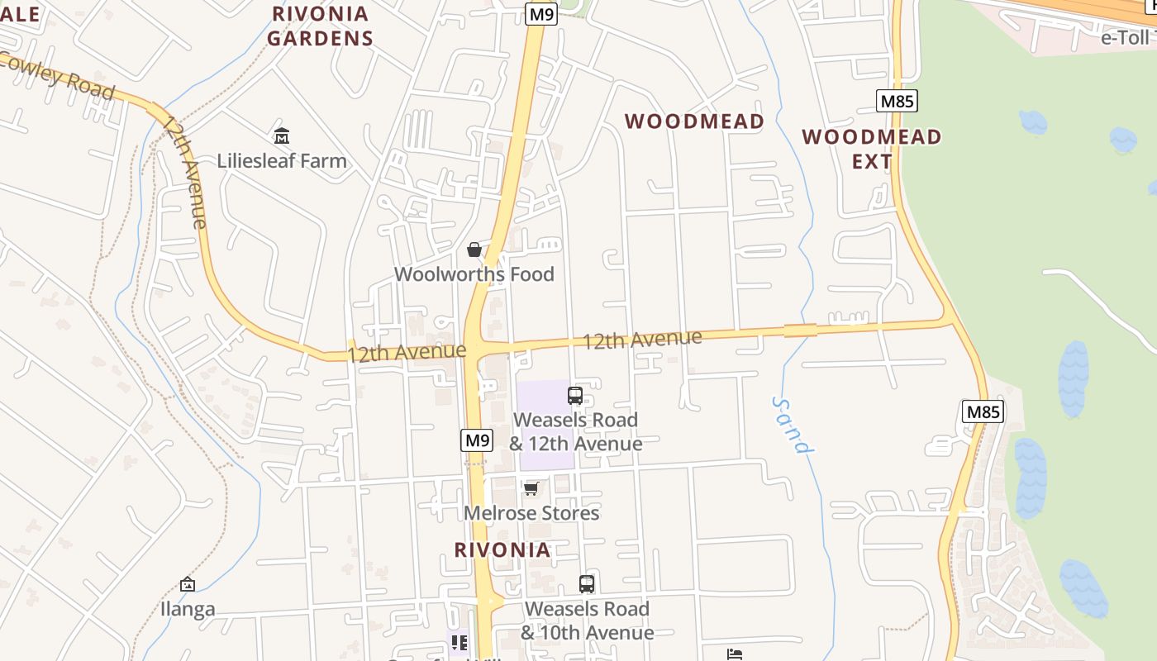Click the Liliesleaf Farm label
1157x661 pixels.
(x=282, y=160)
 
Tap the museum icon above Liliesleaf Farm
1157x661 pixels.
(x=282, y=136)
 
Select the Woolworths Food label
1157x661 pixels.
(x=474, y=274)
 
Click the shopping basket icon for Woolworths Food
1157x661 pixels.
(x=474, y=249)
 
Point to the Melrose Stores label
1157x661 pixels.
(x=531, y=513)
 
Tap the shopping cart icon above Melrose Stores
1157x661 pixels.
(x=531, y=489)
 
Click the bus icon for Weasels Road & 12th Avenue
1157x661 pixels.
(x=575, y=396)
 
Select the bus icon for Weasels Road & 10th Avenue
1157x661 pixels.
(x=587, y=584)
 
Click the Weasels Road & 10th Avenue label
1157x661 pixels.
(x=587, y=621)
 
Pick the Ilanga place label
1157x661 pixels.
(x=188, y=610)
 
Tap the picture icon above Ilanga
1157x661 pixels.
(x=188, y=585)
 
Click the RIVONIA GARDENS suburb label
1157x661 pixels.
(x=320, y=26)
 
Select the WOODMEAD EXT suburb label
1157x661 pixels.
(x=872, y=149)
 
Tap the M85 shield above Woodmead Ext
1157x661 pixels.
(x=897, y=102)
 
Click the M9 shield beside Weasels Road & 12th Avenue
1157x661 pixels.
(x=477, y=440)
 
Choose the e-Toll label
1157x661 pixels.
(x=1126, y=37)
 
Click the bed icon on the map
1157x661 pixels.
(x=734, y=654)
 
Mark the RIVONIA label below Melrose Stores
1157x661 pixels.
(x=502, y=550)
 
